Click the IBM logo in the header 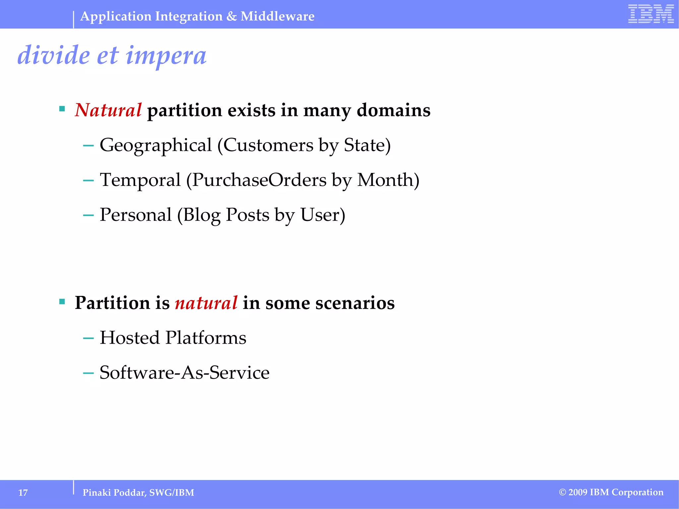(x=651, y=14)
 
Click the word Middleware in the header (x=278, y=16)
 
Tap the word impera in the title (x=166, y=55)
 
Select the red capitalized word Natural (x=108, y=110)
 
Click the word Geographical (x=155, y=145)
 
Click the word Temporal (x=140, y=180)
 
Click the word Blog (x=202, y=215)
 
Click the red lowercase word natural (x=206, y=303)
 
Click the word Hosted (x=130, y=338)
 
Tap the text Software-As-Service (x=184, y=372)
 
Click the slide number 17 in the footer (x=23, y=493)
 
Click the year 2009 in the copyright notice (x=578, y=492)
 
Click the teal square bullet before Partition (x=62, y=302)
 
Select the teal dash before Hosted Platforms (x=88, y=338)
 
